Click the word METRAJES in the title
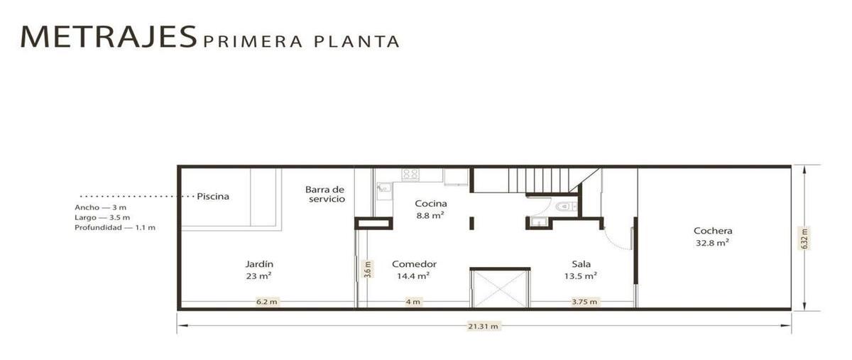[109, 37]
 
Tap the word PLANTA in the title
[356, 42]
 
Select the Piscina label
[213, 197]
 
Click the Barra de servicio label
[325, 194]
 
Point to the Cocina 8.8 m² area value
[430, 216]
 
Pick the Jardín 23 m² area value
[258, 276]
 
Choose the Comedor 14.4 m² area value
[413, 276]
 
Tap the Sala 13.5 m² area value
[581, 276]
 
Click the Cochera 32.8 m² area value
[712, 243]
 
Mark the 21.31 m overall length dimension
[483, 326]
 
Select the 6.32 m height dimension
[804, 238]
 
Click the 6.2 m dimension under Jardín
[267, 302]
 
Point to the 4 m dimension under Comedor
[413, 302]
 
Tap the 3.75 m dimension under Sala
[584, 302]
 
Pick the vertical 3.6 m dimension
[368, 269]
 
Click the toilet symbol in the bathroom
[567, 207]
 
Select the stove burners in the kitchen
[411, 174]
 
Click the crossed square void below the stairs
[500, 288]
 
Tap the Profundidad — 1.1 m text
[115, 227]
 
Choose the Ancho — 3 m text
[100, 207]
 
